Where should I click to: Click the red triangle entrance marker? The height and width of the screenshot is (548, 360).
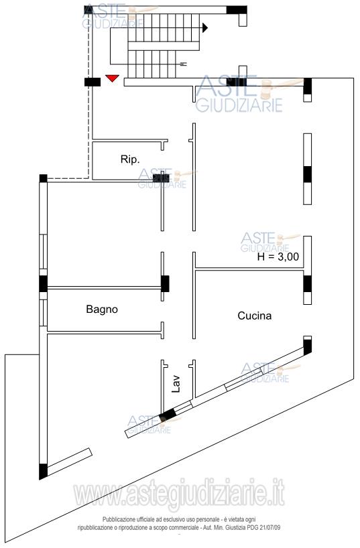tap(113, 78)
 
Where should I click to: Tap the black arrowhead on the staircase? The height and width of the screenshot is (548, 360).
tap(205, 28)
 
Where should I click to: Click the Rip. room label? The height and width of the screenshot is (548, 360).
tap(130, 159)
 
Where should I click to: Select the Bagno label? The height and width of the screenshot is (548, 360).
tap(102, 310)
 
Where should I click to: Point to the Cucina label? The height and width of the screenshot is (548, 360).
tap(254, 316)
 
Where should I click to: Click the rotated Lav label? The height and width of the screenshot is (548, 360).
tap(176, 384)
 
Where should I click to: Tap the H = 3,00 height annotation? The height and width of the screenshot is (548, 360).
tap(278, 257)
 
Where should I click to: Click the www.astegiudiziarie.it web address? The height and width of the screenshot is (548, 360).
tap(179, 494)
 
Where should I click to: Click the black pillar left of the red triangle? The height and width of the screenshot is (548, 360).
tap(93, 82)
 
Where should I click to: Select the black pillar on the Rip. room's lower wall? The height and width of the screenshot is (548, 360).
tap(162, 178)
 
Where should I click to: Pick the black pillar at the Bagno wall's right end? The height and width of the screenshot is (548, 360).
tap(165, 284)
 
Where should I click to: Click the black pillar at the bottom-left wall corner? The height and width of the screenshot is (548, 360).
tap(43, 471)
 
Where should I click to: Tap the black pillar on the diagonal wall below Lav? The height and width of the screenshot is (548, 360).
tap(168, 415)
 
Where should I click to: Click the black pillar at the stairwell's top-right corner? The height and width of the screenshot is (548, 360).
tap(237, 10)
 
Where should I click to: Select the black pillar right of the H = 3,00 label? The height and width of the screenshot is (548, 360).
tap(308, 284)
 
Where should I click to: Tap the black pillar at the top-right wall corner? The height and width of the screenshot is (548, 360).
tap(308, 86)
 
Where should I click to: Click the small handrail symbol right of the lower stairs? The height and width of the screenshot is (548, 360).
tap(184, 64)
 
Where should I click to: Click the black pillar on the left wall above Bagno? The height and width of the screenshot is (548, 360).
tap(43, 283)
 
